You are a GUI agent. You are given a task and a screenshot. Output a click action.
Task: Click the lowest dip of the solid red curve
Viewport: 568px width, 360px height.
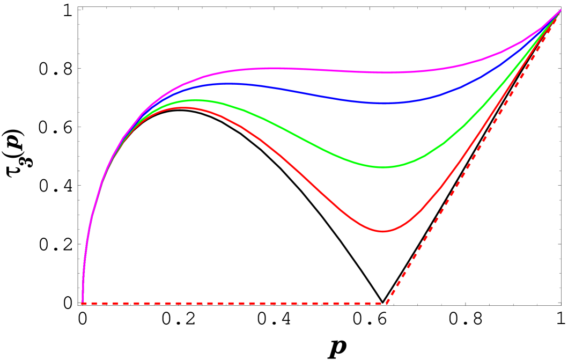[x=383, y=231]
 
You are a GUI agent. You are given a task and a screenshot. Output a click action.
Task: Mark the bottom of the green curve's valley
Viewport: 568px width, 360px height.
[x=382, y=167]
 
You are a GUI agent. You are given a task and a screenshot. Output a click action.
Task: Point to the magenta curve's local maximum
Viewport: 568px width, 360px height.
[x=268, y=68]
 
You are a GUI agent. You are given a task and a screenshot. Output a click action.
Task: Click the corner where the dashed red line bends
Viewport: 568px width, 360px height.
[x=387, y=303]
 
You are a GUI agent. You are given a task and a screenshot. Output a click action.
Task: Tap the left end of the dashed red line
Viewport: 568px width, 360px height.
[x=83, y=303]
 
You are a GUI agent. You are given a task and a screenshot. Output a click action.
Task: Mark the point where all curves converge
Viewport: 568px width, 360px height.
[x=560, y=11]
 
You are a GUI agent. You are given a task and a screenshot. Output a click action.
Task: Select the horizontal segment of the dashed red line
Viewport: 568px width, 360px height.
[x=236, y=303]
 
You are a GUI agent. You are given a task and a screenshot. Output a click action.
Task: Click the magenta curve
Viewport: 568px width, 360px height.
[x=322, y=70]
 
